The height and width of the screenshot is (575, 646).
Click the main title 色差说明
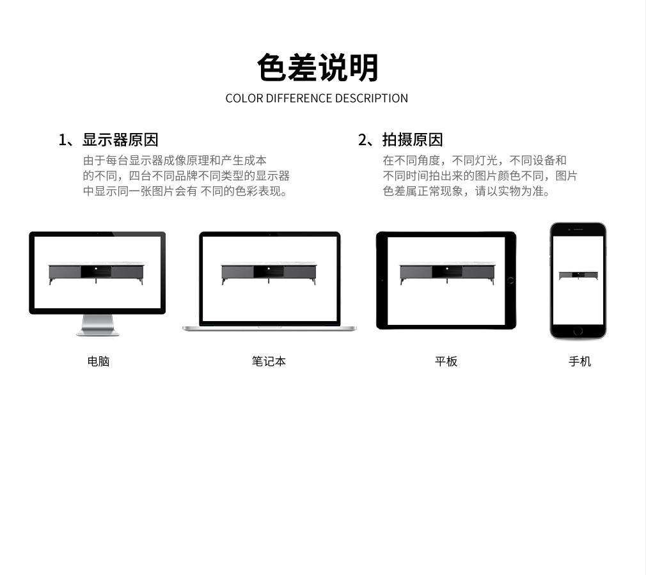point(317,68)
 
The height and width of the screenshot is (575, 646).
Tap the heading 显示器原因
point(120,139)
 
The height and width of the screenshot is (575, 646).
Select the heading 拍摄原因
point(413,139)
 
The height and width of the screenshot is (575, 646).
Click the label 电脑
point(98,361)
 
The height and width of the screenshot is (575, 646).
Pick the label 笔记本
point(269,361)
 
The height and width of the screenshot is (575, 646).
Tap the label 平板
point(446,361)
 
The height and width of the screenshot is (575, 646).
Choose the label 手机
point(579,361)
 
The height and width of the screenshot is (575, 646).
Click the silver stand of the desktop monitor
point(98,326)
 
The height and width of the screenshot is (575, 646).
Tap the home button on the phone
point(578,331)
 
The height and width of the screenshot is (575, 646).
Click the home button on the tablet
point(511,281)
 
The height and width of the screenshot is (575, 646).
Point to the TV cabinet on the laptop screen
point(269,272)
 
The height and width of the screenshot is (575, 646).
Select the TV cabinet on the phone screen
point(578,275)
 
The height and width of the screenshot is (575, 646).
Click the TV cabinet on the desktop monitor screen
point(96,272)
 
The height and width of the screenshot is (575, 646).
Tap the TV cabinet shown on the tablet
point(447,272)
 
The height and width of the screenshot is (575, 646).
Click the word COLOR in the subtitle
point(244,98)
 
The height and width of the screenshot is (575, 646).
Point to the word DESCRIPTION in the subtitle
point(371,98)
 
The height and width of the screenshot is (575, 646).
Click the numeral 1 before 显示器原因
point(63,140)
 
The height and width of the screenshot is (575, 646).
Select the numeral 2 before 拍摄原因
point(363,140)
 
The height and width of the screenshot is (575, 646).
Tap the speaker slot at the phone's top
point(578,230)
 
